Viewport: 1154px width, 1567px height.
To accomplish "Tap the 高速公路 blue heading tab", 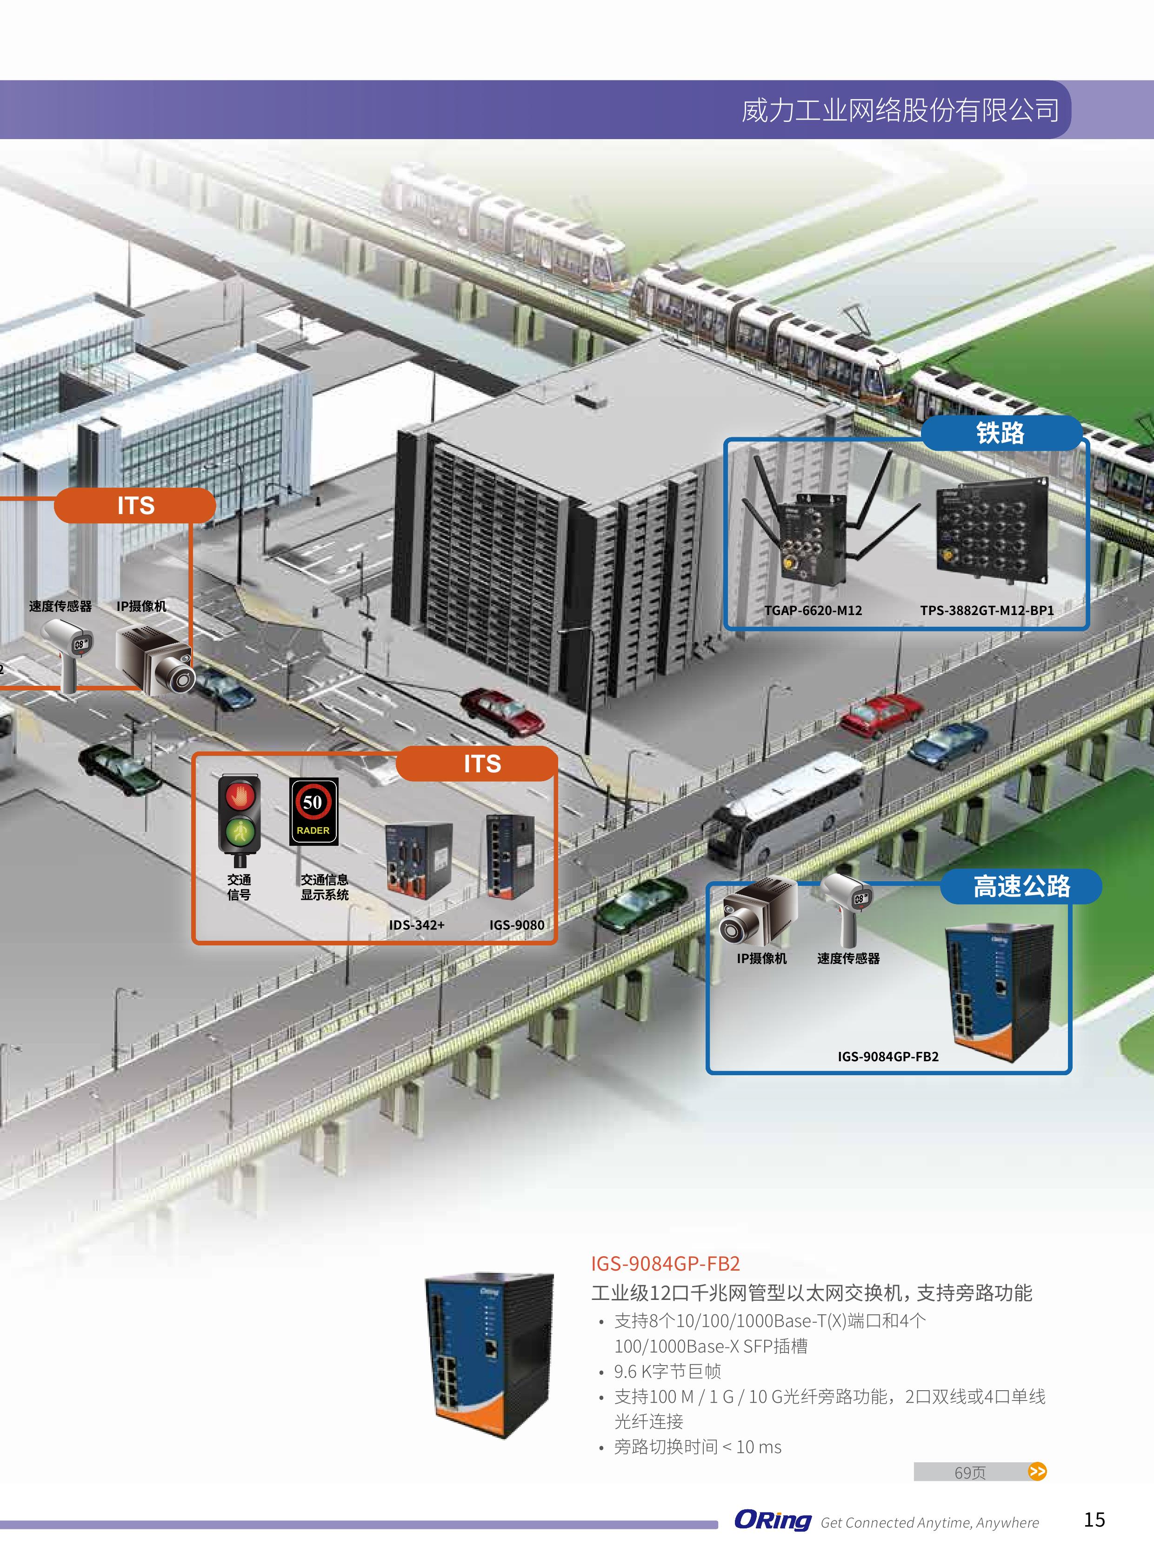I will (1021, 886).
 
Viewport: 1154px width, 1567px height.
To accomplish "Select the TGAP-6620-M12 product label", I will (813, 610).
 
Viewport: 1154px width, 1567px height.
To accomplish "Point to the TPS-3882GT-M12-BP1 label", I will (987, 610).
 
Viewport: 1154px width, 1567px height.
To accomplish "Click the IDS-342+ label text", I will (416, 925).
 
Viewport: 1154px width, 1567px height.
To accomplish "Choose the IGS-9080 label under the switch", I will (516, 925).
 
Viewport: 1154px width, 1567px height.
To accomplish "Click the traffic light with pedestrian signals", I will (239, 817).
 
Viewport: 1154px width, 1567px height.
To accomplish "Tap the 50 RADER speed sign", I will (314, 810).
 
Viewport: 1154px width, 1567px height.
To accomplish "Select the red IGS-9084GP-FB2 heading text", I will (665, 1263).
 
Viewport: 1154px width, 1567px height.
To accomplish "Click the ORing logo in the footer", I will (772, 1520).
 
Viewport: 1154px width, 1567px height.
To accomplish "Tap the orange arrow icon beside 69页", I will (1037, 1472).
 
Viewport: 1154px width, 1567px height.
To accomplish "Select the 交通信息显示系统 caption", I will (324, 887).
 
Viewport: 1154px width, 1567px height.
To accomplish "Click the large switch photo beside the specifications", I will (489, 1355).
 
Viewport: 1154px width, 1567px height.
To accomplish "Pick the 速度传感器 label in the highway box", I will (848, 958).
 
